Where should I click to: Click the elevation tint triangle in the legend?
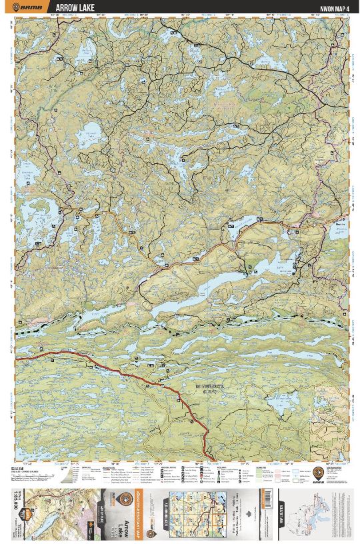65,474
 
